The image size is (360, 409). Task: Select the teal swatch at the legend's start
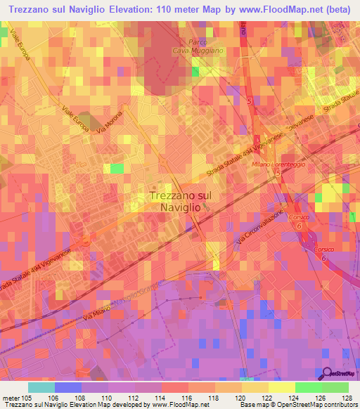click(41, 387)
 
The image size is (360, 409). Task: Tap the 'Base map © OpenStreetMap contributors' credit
click(297, 405)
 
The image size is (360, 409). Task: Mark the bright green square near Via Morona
click(117, 169)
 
